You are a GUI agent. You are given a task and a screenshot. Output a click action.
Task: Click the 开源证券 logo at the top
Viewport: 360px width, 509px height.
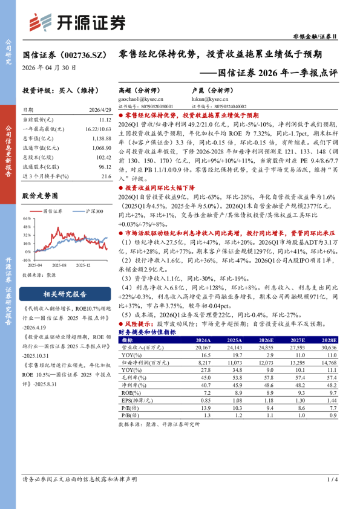click(78, 22)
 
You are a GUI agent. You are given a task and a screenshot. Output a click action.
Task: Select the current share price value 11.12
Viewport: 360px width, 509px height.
click(105, 120)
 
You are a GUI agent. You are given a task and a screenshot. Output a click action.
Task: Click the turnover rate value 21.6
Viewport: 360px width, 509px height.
click(106, 176)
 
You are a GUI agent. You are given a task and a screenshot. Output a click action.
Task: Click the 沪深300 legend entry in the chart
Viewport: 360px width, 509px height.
click(93, 211)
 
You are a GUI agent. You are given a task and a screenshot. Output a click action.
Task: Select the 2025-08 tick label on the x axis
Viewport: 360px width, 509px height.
click(58, 264)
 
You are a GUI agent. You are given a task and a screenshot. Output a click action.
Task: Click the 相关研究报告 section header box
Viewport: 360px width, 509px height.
click(65, 294)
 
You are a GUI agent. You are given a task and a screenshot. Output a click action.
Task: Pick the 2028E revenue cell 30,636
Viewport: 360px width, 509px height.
click(327, 348)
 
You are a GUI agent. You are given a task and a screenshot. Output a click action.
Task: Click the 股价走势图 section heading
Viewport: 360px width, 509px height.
click(41, 196)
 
